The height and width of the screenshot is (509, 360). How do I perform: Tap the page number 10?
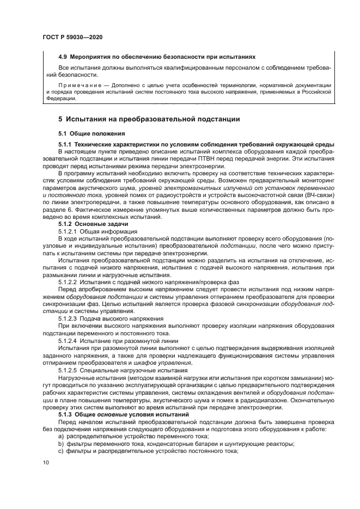[x=45, y=463]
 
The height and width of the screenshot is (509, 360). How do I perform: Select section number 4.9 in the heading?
[x=63, y=57]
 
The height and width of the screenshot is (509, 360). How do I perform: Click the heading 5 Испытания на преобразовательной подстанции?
[x=149, y=119]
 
